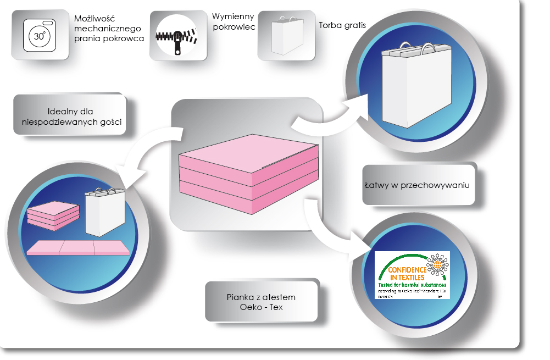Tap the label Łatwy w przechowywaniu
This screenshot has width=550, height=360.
pyautogui.click(x=418, y=186)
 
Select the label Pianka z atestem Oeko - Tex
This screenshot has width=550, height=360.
pyautogui.click(x=261, y=302)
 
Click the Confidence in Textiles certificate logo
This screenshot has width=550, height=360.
pyautogui.click(x=412, y=275)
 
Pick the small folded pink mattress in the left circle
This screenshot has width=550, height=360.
pyautogui.click(x=50, y=215)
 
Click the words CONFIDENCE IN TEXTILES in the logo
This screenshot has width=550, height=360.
pyautogui.click(x=407, y=275)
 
